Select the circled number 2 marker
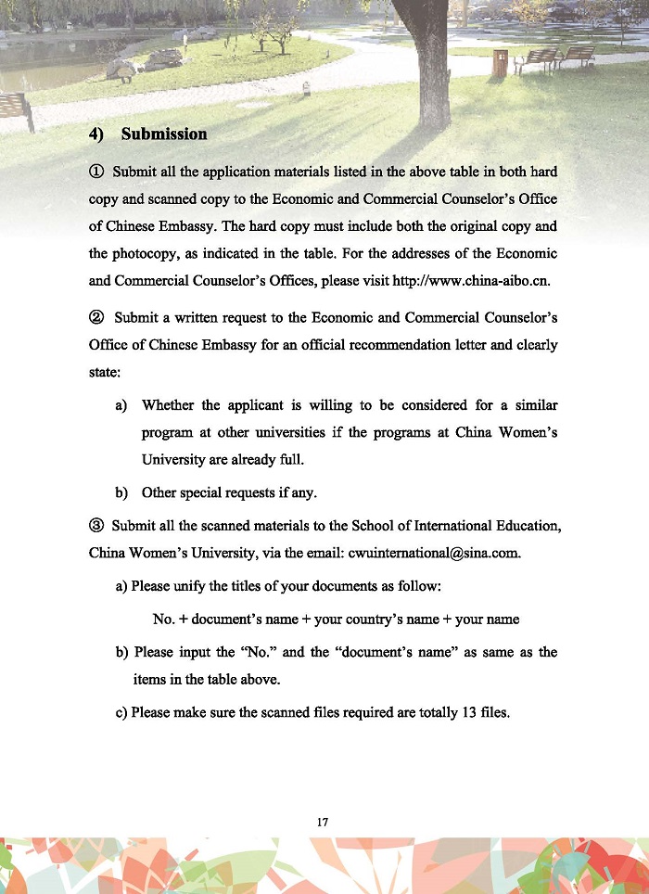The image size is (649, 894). tap(95, 318)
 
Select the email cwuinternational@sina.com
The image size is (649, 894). tap(434, 554)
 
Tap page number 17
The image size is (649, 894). tap(324, 822)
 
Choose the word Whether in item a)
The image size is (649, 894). tap(169, 406)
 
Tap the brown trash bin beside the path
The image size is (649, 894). tap(500, 63)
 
